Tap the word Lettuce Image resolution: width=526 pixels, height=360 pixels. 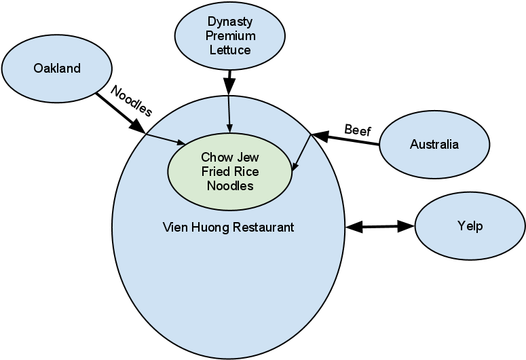[229, 50]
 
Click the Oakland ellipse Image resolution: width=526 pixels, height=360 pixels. [57, 68]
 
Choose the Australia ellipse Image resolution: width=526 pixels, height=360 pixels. [434, 144]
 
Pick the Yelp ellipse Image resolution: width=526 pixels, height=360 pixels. [469, 226]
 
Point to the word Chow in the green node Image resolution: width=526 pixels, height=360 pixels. [215, 158]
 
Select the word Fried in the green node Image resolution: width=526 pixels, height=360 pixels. [214, 171]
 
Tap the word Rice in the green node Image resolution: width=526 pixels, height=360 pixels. [245, 171]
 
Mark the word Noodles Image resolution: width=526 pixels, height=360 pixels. [229, 185]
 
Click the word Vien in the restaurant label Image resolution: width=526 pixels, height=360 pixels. [174, 227]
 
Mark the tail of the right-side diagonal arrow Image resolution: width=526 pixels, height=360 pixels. [310, 135]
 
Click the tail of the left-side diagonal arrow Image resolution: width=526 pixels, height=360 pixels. [147, 134]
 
